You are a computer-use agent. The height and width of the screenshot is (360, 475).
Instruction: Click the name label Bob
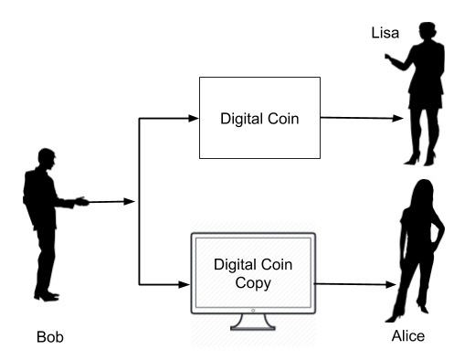(51, 337)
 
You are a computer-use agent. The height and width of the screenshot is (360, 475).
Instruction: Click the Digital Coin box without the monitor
(259, 117)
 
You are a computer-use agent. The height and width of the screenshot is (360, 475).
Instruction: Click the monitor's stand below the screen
(251, 322)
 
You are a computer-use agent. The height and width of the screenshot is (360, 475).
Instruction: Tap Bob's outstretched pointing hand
(84, 200)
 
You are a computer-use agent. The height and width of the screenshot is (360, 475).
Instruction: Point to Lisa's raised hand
(388, 59)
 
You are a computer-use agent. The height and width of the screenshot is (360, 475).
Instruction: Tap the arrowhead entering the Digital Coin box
(193, 118)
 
